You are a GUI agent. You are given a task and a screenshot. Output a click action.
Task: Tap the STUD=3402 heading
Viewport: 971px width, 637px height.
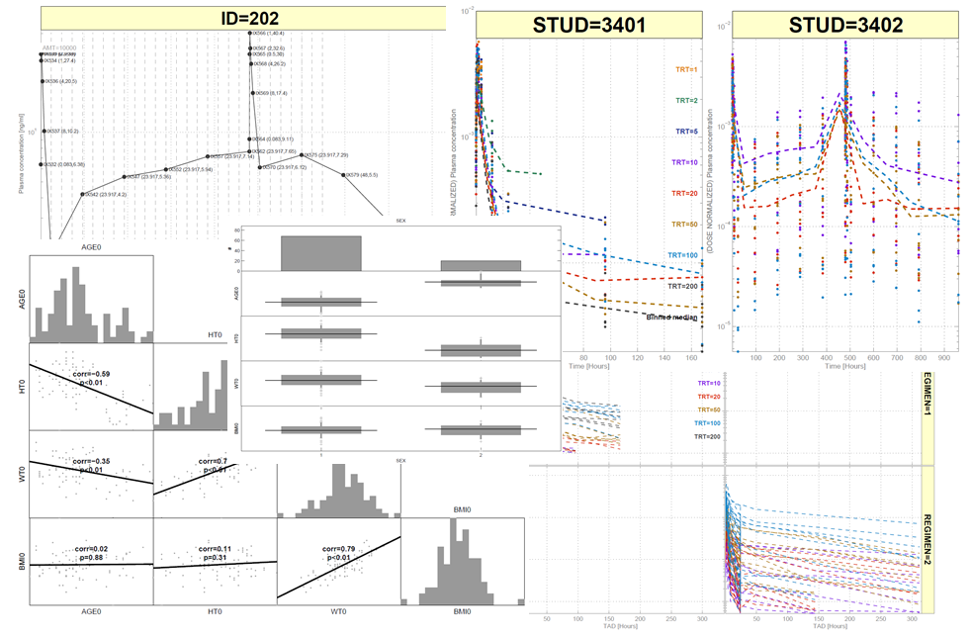pyautogui.click(x=845, y=27)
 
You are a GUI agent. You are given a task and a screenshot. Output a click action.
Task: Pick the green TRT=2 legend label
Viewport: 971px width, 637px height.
pyautogui.click(x=687, y=100)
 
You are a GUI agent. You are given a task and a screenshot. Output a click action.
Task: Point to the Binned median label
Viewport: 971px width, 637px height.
pyautogui.click(x=672, y=318)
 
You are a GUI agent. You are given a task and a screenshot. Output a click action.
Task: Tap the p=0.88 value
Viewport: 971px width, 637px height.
pyautogui.click(x=92, y=557)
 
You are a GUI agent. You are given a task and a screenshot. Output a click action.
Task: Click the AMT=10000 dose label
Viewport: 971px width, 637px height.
pyautogui.click(x=59, y=46)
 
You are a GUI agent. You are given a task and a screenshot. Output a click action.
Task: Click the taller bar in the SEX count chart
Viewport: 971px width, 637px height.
pyautogui.click(x=320, y=252)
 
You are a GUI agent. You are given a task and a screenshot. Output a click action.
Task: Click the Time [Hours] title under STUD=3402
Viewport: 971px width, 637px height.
pyautogui.click(x=845, y=367)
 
